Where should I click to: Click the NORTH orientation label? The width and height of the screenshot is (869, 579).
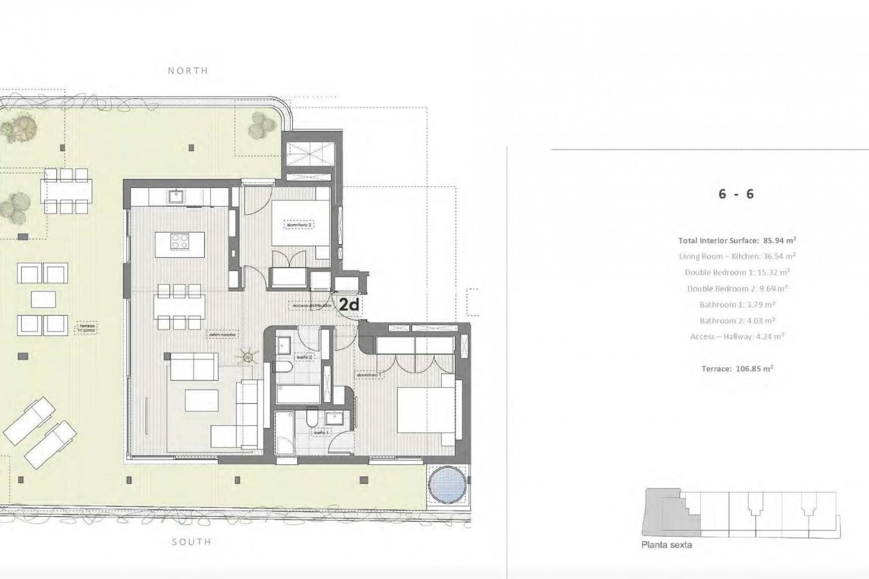tap(188, 71)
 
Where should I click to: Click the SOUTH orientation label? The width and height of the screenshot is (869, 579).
tap(191, 542)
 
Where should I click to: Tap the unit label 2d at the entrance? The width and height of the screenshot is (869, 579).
tap(349, 305)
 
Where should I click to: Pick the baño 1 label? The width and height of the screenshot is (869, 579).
tap(321, 433)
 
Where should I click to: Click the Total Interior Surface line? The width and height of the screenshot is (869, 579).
tap(737, 240)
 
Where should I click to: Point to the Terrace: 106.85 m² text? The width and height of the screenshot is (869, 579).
tap(737, 368)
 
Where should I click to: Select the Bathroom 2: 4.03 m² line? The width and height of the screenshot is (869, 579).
tap(737, 320)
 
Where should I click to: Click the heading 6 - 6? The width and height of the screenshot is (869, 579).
tap(736, 194)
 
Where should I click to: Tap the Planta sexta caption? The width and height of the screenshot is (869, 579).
tap(666, 545)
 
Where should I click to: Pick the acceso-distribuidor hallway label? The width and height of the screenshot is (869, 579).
tap(312, 306)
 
